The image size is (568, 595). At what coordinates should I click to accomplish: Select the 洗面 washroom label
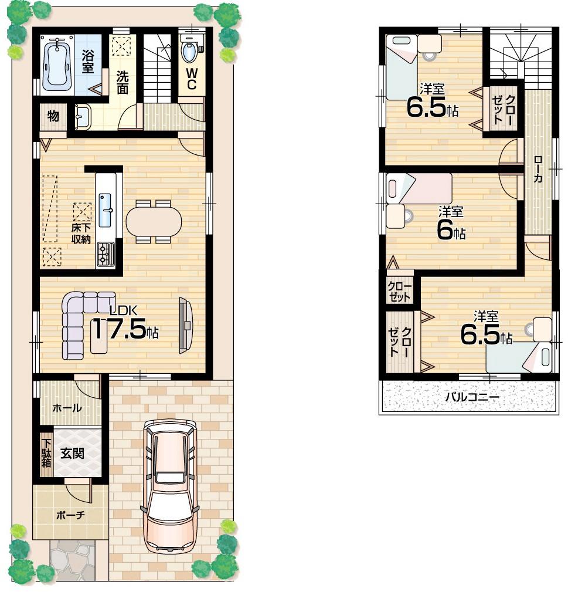[x=122, y=82]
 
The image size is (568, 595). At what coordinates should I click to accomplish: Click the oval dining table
[x=154, y=221]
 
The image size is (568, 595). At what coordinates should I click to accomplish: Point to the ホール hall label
[x=67, y=408]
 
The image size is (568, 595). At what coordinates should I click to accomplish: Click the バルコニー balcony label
[x=472, y=397]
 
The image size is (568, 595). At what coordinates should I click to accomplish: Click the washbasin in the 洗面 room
[x=81, y=116]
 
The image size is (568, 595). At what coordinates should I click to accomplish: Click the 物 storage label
[x=53, y=116]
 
